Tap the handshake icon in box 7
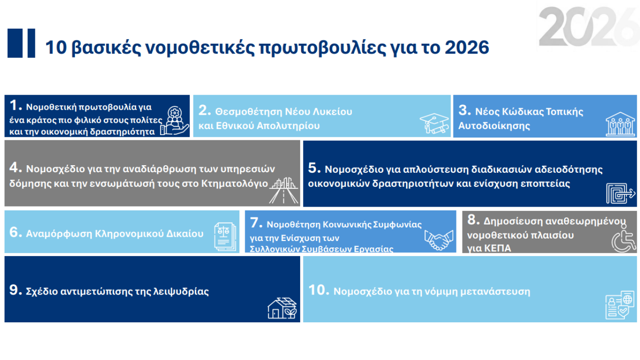[x=439, y=240]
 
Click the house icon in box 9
[x=282, y=308]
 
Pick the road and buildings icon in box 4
[x=284, y=192]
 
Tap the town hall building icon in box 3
[x=617, y=124]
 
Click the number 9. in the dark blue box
[x=16, y=290]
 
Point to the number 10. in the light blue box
[x=319, y=290]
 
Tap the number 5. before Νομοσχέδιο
[x=314, y=168]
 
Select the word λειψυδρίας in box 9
[x=184, y=291]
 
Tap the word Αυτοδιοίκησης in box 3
[x=494, y=126]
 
